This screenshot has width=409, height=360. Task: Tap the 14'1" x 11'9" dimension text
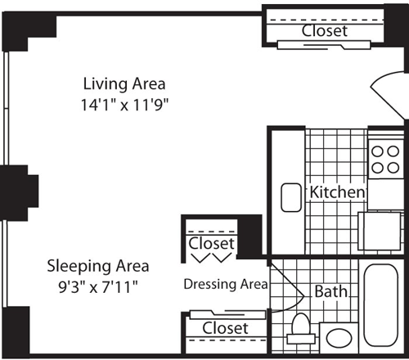click(x=125, y=104)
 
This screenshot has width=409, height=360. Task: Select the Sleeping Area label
click(x=97, y=266)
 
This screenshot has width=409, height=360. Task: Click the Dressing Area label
click(x=225, y=285)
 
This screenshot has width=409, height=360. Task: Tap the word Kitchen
click(x=336, y=191)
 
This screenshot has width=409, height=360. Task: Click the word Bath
click(x=331, y=291)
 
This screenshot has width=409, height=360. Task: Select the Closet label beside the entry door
click(x=324, y=31)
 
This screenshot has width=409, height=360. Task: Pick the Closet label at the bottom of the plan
click(x=225, y=327)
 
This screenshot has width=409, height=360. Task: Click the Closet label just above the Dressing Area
click(x=212, y=244)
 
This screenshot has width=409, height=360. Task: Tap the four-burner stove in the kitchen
click(x=381, y=159)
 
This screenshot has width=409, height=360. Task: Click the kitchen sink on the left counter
click(x=291, y=197)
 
